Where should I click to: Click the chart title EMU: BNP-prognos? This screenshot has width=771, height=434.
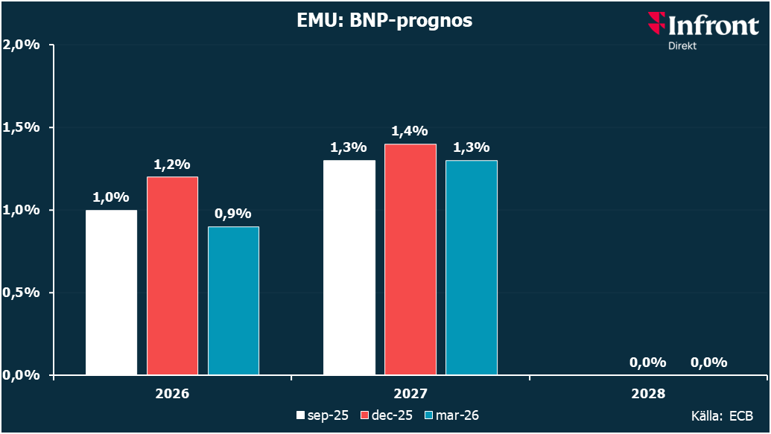(x=386, y=20)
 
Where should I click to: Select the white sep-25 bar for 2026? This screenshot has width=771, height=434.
(x=112, y=292)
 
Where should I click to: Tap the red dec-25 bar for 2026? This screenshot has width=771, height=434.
(x=172, y=275)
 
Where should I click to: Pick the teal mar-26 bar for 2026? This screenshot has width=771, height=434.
(x=233, y=300)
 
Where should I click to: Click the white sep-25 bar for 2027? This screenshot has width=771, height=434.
(x=349, y=267)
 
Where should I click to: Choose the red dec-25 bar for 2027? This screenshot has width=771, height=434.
(x=410, y=259)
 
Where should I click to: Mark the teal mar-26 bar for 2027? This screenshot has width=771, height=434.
(x=472, y=267)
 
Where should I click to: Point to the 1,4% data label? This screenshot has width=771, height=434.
(x=410, y=131)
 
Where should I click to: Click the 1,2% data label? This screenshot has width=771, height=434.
(x=172, y=164)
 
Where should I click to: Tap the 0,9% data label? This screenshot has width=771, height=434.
(x=233, y=214)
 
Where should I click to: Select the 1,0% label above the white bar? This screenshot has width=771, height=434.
(x=111, y=197)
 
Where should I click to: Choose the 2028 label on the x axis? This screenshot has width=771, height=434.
(x=648, y=394)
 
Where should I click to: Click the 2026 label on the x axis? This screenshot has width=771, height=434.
(x=172, y=394)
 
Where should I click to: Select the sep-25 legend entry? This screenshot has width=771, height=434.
(x=323, y=415)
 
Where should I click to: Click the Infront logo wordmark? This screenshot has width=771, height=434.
(x=703, y=27)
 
